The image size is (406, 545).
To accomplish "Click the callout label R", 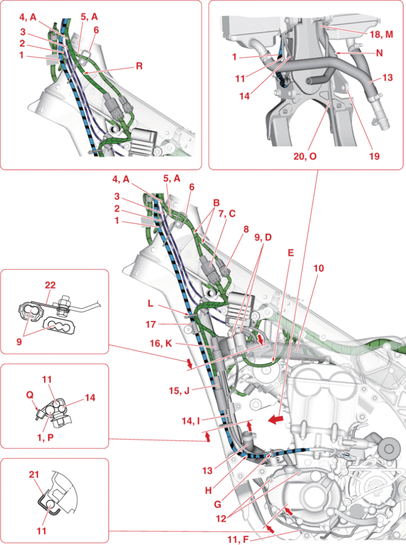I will [139, 67].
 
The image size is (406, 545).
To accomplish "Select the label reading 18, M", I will [381, 34].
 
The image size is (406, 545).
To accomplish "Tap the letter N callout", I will [379, 53].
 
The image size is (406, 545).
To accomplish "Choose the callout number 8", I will [245, 230].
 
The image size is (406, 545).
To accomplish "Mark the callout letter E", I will [290, 254].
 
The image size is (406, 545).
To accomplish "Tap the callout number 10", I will [318, 268].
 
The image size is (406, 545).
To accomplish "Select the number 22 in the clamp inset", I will [50, 286].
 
